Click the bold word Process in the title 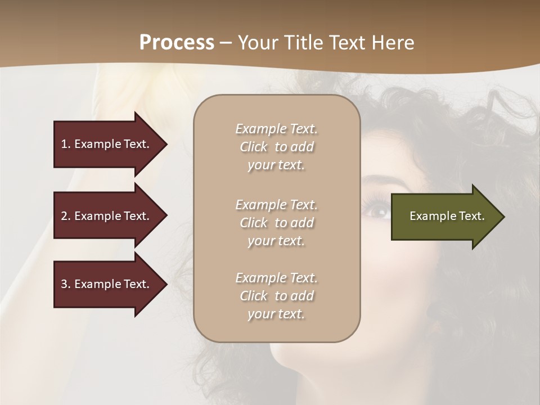(x=177, y=43)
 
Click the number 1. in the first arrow (x=66, y=144)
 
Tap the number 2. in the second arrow (x=66, y=216)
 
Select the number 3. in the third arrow (x=66, y=284)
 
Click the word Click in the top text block (x=254, y=147)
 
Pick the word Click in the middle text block (x=254, y=223)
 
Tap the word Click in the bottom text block (x=254, y=296)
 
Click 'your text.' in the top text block (x=276, y=165)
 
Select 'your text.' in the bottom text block (x=276, y=314)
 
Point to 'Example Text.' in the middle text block (x=276, y=205)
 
